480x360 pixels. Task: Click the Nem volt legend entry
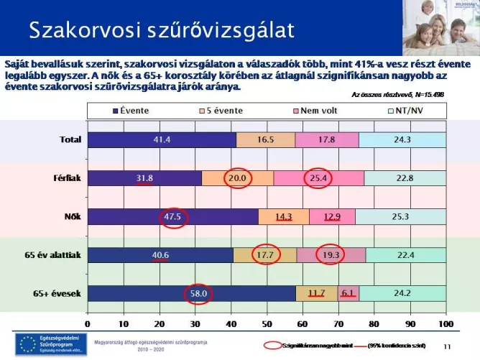(x=316, y=111)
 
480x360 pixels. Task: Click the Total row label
(x=70, y=140)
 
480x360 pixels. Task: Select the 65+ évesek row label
(x=61, y=293)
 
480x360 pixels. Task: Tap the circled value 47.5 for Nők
(x=172, y=216)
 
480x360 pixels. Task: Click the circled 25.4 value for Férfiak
(x=316, y=178)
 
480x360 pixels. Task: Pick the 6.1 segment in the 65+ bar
(x=348, y=293)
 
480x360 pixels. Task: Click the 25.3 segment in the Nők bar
(x=400, y=216)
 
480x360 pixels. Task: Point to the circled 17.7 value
(x=266, y=254)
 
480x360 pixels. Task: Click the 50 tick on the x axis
(x=267, y=314)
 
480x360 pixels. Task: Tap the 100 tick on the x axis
(x=446, y=314)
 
